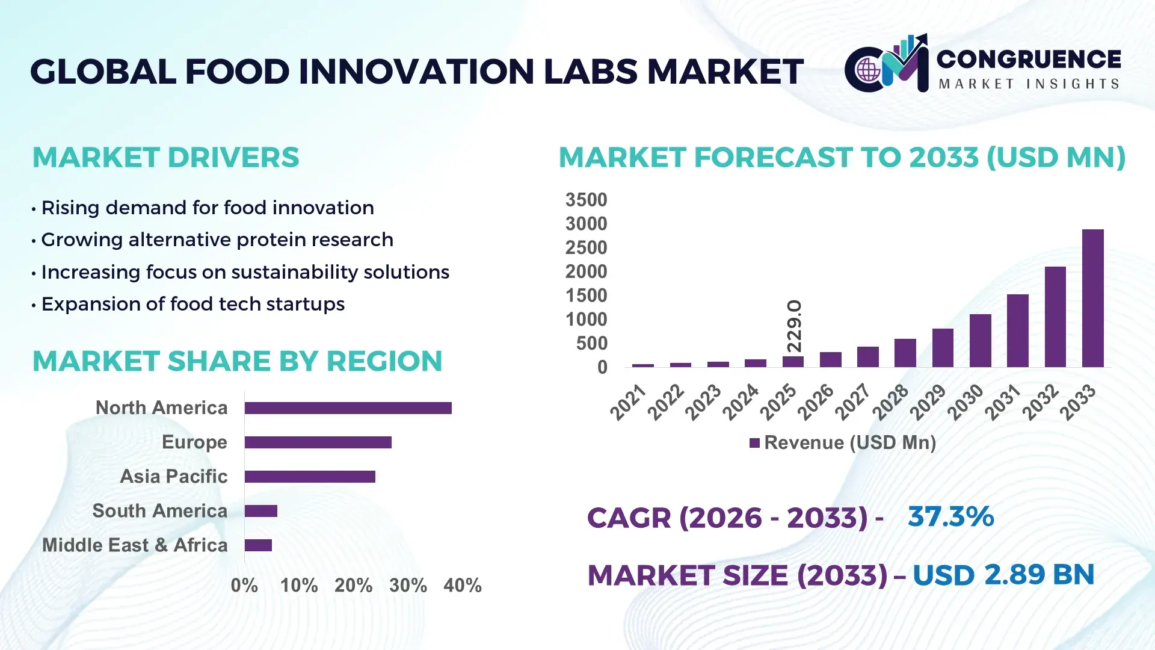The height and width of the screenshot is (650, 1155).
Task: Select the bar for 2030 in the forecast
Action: [980, 341]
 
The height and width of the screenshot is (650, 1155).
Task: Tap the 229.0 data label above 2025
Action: [794, 326]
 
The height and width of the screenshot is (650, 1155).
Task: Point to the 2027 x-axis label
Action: [853, 401]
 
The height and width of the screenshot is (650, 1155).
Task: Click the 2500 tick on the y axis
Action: [586, 247]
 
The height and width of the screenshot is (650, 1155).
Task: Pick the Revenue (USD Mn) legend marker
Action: [754, 443]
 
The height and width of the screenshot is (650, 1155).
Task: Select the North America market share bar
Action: [348, 408]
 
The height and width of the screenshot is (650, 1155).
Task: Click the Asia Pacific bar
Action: [310, 477]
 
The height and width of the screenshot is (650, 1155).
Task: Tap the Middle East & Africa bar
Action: [258, 545]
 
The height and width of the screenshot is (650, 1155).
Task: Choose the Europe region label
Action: [194, 442]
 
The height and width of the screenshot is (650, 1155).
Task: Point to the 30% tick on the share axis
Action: [408, 585]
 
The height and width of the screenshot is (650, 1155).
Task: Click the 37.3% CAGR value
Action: [950, 516]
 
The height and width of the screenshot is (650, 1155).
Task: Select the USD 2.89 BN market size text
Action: [1003, 575]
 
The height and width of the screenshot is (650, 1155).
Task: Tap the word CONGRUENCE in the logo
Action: [1029, 59]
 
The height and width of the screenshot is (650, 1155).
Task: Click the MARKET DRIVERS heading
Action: [165, 158]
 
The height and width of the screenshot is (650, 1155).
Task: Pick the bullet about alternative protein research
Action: [217, 240]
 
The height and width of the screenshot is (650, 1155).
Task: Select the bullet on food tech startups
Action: [192, 304]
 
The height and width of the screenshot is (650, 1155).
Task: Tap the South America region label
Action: [159, 510]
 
